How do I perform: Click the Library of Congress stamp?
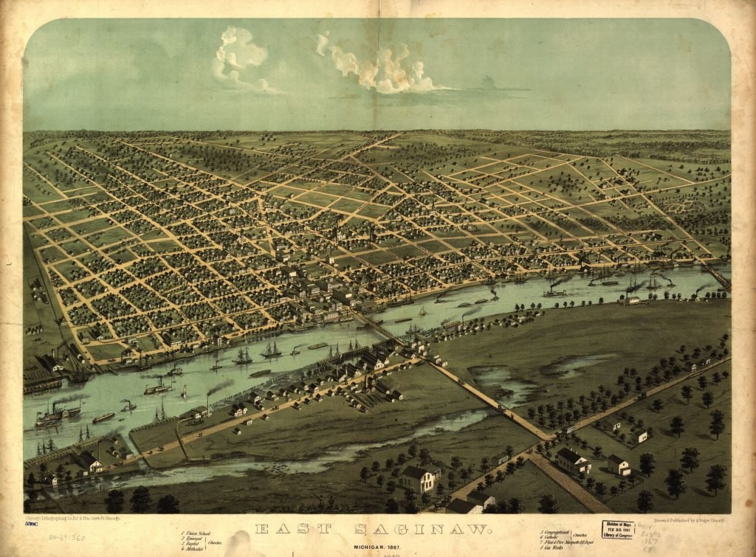pos(619,530)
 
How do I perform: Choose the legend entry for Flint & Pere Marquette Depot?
pos(575,544)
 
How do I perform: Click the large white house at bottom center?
pos(418,478)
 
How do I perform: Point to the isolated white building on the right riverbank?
pos(632,300)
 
